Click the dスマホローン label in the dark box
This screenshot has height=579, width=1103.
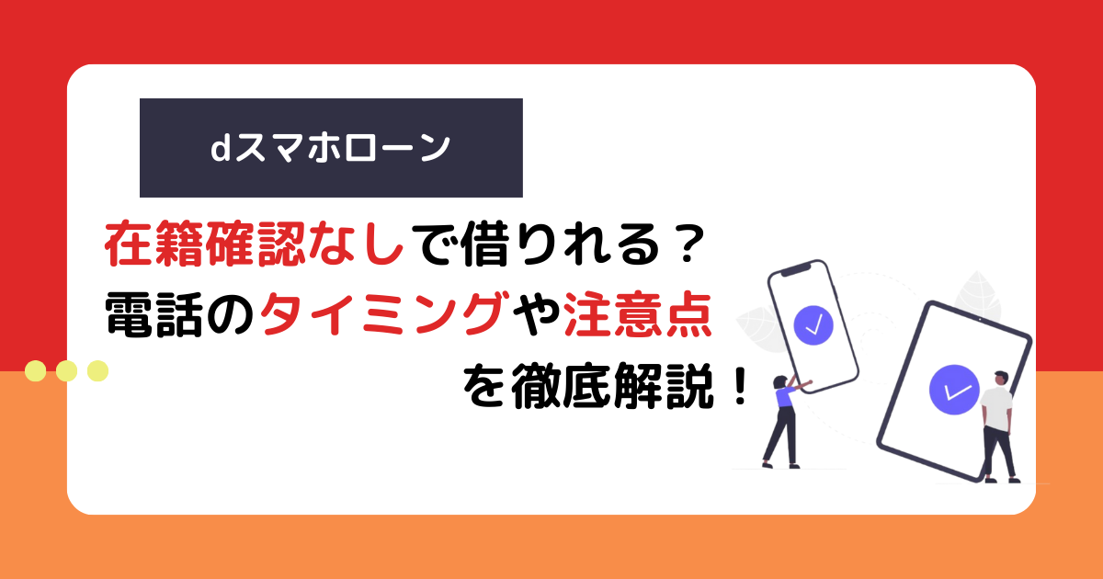click(330, 148)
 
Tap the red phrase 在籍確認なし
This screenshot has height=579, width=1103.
click(255, 244)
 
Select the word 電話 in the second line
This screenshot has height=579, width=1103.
click(154, 314)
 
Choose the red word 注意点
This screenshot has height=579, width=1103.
click(638, 314)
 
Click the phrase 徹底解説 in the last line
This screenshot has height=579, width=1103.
click(612, 385)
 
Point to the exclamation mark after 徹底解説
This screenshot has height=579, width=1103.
click(740, 384)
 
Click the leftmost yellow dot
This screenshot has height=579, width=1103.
click(36, 370)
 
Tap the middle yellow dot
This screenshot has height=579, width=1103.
click(66, 370)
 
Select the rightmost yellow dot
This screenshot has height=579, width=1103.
click(97, 370)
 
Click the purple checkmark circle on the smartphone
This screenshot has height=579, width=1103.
click(813, 325)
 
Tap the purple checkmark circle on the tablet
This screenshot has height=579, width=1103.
click(954, 390)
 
